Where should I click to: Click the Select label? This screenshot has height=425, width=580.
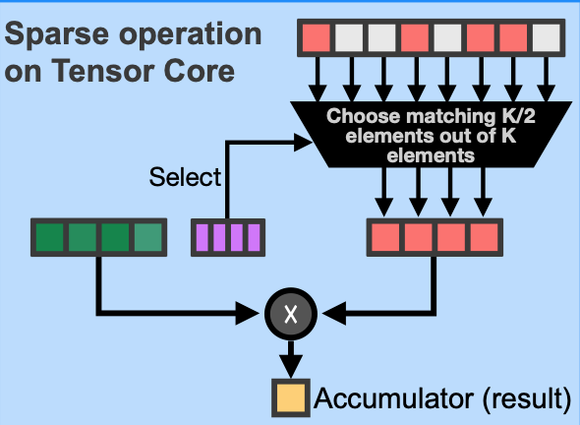tap(185, 176)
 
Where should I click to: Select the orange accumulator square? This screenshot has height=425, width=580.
tap(291, 398)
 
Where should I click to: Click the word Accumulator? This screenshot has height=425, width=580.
tap(393, 398)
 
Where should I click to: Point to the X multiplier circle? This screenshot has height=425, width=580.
tap(291, 314)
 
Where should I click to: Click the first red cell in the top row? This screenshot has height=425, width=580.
tap(317, 37)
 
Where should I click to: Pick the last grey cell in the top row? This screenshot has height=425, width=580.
tap(547, 37)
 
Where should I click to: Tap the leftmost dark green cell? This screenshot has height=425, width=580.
tap(49, 237)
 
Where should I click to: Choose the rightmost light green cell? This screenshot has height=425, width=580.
tap(148, 237)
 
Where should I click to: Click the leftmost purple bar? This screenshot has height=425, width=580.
tap(202, 238)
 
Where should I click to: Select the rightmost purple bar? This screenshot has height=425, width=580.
tap(254, 238)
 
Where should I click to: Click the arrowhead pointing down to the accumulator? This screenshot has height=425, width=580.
tap(291, 367)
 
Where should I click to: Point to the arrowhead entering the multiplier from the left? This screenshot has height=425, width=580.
tap(248, 314)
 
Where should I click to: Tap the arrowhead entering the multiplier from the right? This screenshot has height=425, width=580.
tap(334, 314)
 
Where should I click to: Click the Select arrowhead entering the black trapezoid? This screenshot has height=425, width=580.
tap(304, 143)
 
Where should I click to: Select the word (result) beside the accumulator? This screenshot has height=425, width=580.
tap(527, 399)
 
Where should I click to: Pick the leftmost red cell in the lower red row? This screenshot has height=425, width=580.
tap(385, 237)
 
